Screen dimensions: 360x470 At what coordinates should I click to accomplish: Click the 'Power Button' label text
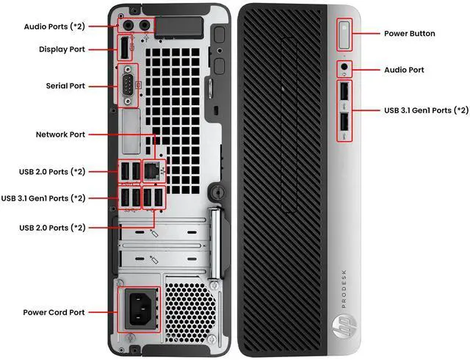(410, 33)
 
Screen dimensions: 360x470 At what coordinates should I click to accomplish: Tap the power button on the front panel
(345, 33)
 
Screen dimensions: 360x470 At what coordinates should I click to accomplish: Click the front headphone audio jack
(345, 70)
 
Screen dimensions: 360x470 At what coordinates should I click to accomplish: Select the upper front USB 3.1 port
(345, 95)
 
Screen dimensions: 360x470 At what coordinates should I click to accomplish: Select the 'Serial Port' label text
(66, 86)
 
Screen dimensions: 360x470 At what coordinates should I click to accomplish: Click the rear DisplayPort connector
(124, 49)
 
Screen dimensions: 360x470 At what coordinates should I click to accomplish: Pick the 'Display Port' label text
(62, 49)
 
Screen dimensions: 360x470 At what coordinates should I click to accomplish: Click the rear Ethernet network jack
(151, 170)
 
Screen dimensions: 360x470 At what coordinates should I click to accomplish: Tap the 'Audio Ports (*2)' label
(54, 26)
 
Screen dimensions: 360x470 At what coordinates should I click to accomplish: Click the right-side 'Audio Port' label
(405, 70)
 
